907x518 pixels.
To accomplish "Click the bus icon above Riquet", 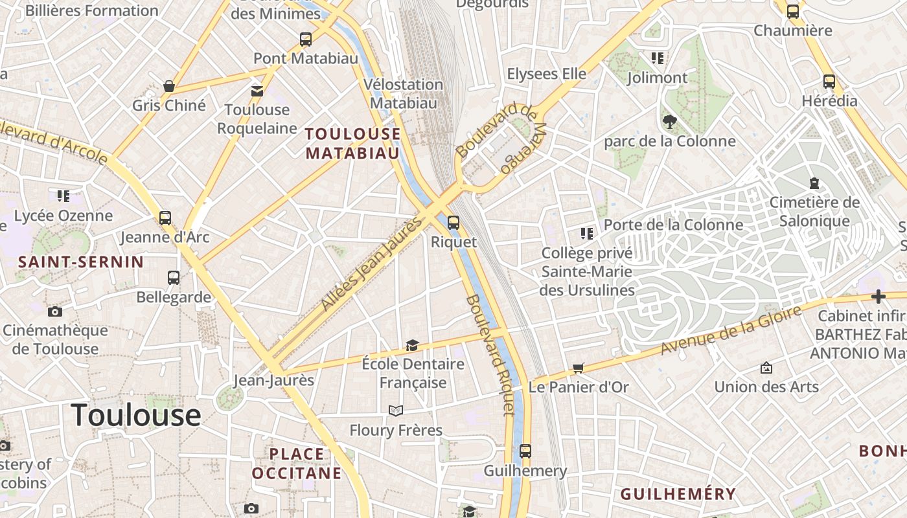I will (454, 223).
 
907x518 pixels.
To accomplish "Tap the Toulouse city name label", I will (136, 414).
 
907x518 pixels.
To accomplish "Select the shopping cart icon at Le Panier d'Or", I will (579, 368).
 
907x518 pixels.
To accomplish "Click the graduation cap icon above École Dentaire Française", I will (412, 345).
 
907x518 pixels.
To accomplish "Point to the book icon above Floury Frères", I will (395, 411).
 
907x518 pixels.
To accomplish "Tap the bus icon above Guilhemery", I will (525, 451).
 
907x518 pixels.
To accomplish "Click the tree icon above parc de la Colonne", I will (669, 121).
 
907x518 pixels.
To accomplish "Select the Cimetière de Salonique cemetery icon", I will (814, 183).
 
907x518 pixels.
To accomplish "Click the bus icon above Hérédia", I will (829, 82).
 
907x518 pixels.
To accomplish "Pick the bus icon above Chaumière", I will (793, 11).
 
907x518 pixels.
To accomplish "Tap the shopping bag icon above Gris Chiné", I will (169, 86).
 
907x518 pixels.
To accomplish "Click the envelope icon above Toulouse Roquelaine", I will (257, 91).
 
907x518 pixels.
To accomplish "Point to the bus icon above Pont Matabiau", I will (306, 39).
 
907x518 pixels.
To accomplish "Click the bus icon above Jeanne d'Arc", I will (165, 218).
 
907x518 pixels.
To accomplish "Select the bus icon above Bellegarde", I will (174, 278).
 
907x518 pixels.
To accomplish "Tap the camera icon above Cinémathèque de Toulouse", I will (55, 311).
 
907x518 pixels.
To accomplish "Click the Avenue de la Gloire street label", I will (731, 330).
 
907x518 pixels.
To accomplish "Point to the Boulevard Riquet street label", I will (490, 355).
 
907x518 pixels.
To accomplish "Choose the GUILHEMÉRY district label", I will (678, 494).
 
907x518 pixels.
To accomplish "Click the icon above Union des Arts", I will (766, 368).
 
